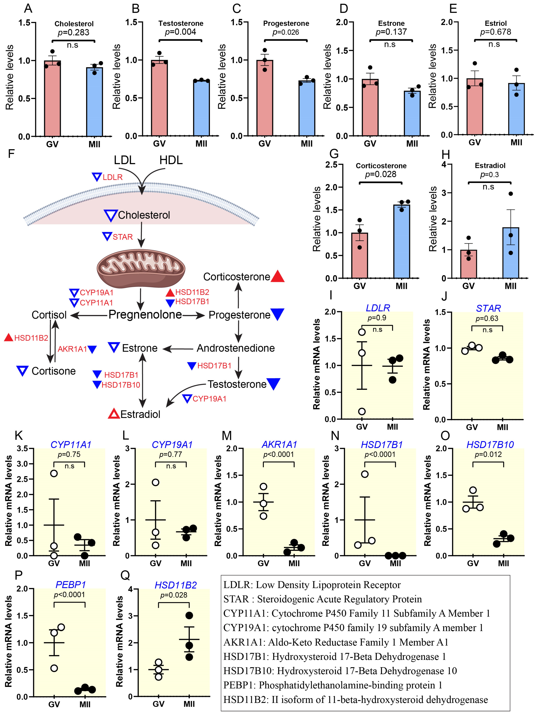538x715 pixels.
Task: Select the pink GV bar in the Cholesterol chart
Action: (x=52, y=99)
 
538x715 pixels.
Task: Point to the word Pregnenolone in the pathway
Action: (x=145, y=315)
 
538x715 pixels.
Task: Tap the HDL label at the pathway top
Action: (x=171, y=160)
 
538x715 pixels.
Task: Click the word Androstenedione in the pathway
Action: (x=236, y=348)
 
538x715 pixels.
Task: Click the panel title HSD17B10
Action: (x=490, y=445)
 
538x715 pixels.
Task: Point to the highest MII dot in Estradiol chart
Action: (x=511, y=194)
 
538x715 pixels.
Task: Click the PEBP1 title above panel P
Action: (x=71, y=585)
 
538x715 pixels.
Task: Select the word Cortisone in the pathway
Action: (x=54, y=371)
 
